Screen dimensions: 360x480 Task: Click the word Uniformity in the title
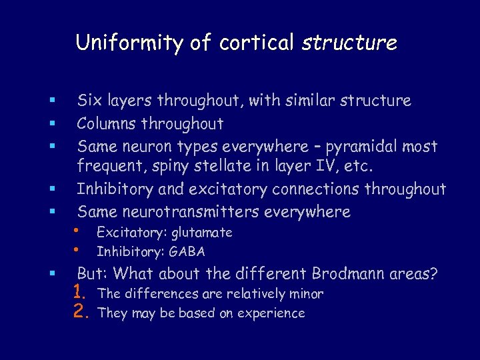click(x=130, y=43)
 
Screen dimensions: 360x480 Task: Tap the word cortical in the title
click(x=256, y=43)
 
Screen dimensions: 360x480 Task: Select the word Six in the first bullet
click(x=89, y=101)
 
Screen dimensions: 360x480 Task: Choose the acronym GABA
click(x=188, y=252)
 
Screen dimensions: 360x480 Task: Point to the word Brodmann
click(x=356, y=273)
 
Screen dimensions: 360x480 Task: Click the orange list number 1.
click(x=81, y=293)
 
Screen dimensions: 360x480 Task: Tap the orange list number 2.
click(x=81, y=312)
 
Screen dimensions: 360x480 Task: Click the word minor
click(x=305, y=293)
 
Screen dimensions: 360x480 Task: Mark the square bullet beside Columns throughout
click(x=52, y=124)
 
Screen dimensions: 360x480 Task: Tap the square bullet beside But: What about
click(x=52, y=274)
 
